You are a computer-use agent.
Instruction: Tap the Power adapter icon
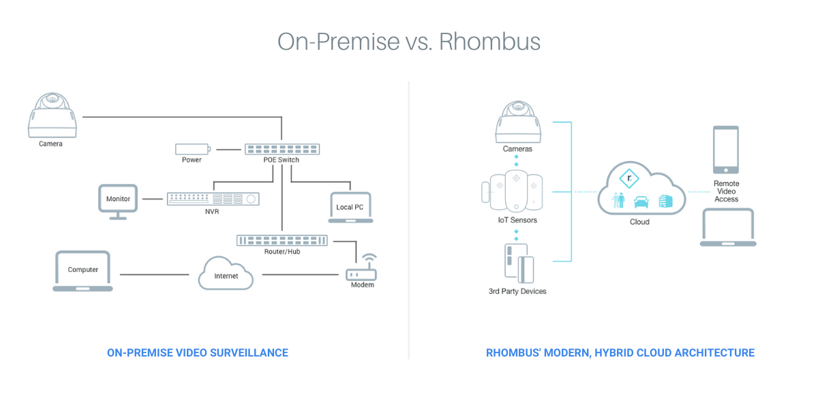tap(192, 149)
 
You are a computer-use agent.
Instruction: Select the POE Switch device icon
tap(282, 149)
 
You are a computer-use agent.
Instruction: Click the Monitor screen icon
tap(118, 199)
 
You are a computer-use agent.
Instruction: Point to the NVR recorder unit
tap(213, 199)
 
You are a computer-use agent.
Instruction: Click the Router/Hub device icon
tap(282, 241)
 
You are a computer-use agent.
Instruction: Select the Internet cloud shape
tap(226, 273)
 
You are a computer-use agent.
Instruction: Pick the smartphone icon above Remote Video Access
tap(726, 149)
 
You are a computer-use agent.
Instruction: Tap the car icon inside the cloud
tap(641, 202)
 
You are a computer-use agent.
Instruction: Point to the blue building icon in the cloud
tap(665, 201)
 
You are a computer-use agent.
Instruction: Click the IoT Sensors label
tap(517, 220)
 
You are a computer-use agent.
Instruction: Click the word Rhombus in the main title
tap(489, 41)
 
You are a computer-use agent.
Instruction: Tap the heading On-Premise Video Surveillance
tap(198, 352)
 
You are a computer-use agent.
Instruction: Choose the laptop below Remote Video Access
tap(728, 227)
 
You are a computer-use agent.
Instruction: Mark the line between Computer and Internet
tap(154, 275)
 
